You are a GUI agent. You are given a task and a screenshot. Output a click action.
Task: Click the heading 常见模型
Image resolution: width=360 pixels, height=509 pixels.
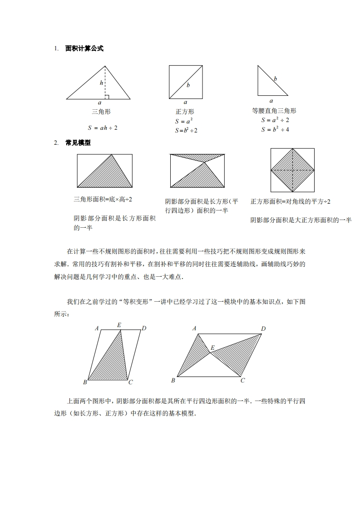click(78, 142)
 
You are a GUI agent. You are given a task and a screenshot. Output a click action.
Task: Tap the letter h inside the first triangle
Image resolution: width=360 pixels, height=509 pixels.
click(102, 83)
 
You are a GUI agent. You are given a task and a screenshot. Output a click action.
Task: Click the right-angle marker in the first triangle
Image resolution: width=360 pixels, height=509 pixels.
click(107, 97)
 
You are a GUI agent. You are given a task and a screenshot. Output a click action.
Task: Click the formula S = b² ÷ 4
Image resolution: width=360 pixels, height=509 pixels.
click(275, 129)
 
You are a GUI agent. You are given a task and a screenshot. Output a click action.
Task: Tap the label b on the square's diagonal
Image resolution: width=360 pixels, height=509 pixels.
click(188, 85)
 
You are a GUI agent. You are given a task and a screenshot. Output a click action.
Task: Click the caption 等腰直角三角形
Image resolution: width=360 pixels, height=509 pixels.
click(274, 111)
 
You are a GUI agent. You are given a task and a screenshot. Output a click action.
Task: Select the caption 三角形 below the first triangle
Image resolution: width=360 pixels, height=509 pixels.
click(101, 112)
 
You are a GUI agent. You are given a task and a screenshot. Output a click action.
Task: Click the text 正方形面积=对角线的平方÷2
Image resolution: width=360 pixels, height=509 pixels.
click(290, 201)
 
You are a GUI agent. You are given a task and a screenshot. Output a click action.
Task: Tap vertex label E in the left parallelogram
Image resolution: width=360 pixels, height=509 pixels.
click(119, 325)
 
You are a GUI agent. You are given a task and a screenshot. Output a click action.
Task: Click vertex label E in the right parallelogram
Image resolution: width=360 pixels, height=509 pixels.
click(212, 348)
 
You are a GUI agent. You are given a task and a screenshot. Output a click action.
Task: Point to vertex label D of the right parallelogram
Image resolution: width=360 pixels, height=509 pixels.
click(263, 328)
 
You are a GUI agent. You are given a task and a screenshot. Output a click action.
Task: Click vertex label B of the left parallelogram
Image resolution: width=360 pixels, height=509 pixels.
click(85, 382)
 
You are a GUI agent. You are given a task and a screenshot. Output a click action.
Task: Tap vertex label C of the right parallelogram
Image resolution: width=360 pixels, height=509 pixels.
click(243, 380)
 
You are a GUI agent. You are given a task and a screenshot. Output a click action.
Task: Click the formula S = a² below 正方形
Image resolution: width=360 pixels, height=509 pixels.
click(184, 121)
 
